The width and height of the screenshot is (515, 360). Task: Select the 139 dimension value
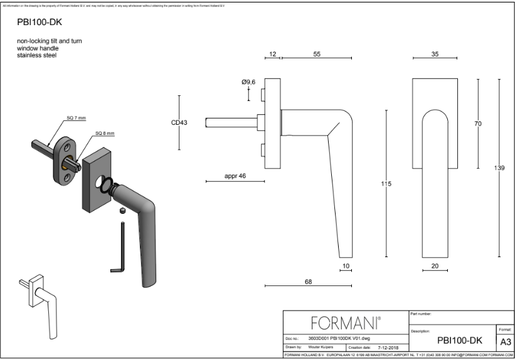pyautogui.click(x=499, y=168)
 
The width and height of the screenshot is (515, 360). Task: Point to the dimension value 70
pyautogui.click(x=478, y=124)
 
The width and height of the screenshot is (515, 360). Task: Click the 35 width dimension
pyautogui.click(x=435, y=55)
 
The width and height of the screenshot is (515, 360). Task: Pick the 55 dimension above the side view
pyautogui.click(x=317, y=55)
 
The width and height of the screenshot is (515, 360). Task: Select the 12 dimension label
pyautogui.click(x=272, y=55)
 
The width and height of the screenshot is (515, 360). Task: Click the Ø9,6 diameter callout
pyautogui.click(x=248, y=82)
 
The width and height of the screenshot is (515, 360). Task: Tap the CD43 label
pyautogui.click(x=179, y=122)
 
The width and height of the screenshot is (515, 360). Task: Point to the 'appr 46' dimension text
pyautogui.click(x=235, y=176)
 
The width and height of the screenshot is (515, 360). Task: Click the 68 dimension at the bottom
pyautogui.click(x=308, y=282)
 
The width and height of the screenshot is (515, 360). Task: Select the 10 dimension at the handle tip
pyautogui.click(x=345, y=267)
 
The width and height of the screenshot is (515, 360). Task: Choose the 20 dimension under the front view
pyautogui.click(x=435, y=267)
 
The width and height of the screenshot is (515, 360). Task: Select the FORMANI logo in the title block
pyautogui.click(x=346, y=323)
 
